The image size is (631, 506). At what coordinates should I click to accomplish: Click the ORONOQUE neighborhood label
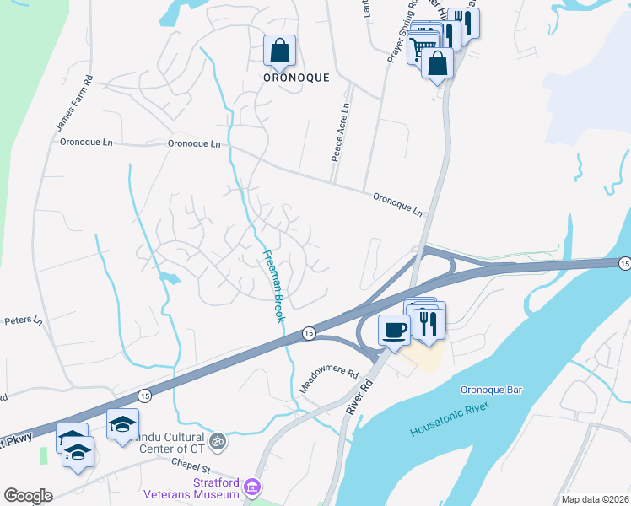tap(294, 76)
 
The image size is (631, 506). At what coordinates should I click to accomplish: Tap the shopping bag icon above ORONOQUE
tap(279, 51)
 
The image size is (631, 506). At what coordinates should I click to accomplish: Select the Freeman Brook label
tap(272, 286)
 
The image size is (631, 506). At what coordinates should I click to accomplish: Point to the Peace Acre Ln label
tap(340, 132)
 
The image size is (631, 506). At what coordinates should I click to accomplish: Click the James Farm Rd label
tap(73, 105)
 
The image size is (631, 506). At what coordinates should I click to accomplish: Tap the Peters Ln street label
tap(23, 320)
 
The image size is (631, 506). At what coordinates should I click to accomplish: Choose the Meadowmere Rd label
tap(330, 382)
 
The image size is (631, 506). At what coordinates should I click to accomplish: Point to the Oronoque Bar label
tap(492, 390)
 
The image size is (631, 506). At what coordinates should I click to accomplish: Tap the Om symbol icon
tap(217, 441)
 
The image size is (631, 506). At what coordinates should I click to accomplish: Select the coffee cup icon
tap(394, 328)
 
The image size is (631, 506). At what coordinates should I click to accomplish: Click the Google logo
tap(28, 496)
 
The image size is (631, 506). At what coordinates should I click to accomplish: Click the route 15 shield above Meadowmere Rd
tap(310, 334)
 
